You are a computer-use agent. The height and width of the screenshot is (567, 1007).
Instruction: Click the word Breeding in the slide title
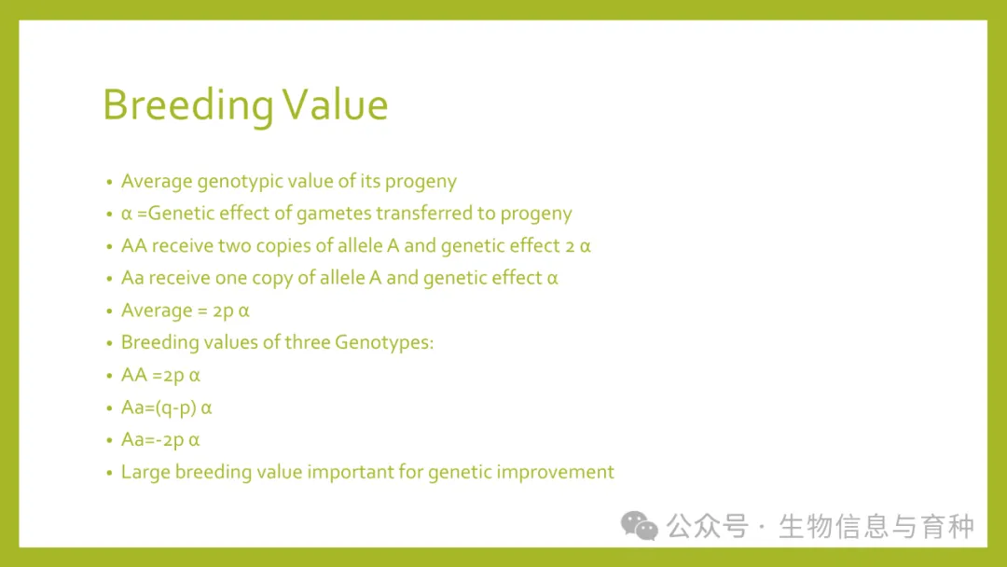click(x=188, y=105)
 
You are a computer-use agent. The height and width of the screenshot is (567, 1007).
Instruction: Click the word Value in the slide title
click(x=335, y=104)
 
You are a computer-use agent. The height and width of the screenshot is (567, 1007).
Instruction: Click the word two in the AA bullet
click(x=234, y=246)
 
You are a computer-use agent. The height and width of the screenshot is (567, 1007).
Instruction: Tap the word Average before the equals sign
click(x=157, y=311)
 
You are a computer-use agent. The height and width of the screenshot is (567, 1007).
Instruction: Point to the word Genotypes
click(x=384, y=343)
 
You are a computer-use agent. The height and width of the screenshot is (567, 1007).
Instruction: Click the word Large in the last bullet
click(x=145, y=473)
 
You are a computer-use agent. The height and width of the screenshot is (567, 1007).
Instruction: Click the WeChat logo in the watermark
click(x=639, y=525)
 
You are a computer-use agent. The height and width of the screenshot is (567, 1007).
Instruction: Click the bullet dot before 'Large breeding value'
click(x=109, y=473)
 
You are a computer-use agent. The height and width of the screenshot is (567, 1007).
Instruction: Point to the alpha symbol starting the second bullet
click(x=127, y=214)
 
